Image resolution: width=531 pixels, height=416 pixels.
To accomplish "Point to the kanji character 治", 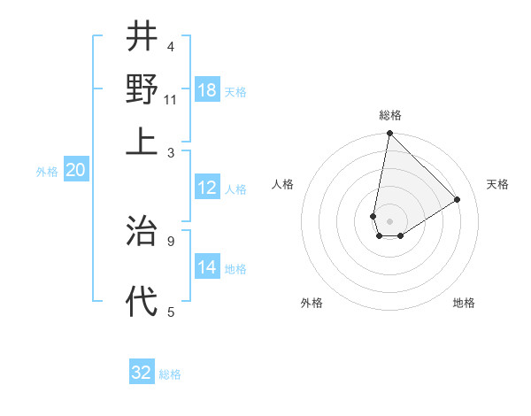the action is [x=142, y=231].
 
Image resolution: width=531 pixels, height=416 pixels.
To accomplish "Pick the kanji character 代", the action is [x=142, y=301].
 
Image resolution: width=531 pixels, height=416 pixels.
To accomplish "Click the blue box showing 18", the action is [x=207, y=90].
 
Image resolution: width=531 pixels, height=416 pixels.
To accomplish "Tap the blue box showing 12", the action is [x=207, y=188].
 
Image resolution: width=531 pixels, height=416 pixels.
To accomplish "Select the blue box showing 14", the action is [x=207, y=267].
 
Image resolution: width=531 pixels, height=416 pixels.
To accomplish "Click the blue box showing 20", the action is [x=75, y=171].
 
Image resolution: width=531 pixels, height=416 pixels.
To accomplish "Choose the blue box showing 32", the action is [x=142, y=373].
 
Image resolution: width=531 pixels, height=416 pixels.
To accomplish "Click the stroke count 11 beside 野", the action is [x=171, y=99].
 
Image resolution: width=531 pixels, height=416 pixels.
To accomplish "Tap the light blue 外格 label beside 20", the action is [x=46, y=172].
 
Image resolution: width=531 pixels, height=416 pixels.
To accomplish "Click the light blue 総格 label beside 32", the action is [x=170, y=374].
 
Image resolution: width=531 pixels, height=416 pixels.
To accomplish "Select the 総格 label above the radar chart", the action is [x=390, y=115].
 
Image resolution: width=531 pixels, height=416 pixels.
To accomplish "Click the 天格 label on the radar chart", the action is [x=497, y=184].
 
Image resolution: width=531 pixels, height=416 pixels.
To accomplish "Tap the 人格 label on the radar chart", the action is [x=283, y=184].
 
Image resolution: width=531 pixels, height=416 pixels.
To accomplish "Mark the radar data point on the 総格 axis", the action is [x=389, y=135].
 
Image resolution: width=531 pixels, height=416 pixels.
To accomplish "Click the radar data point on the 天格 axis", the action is [x=458, y=200].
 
